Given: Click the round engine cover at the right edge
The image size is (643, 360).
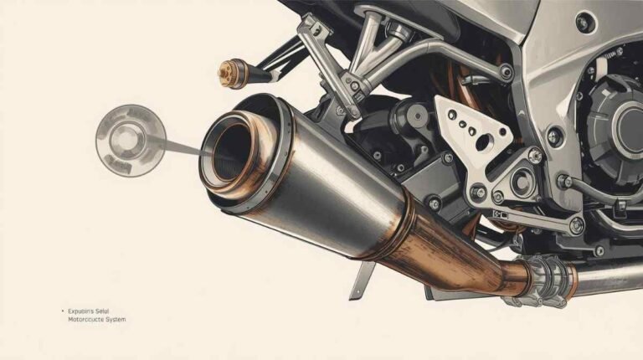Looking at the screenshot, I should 620,126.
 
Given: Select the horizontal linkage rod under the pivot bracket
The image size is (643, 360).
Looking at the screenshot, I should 536,219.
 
